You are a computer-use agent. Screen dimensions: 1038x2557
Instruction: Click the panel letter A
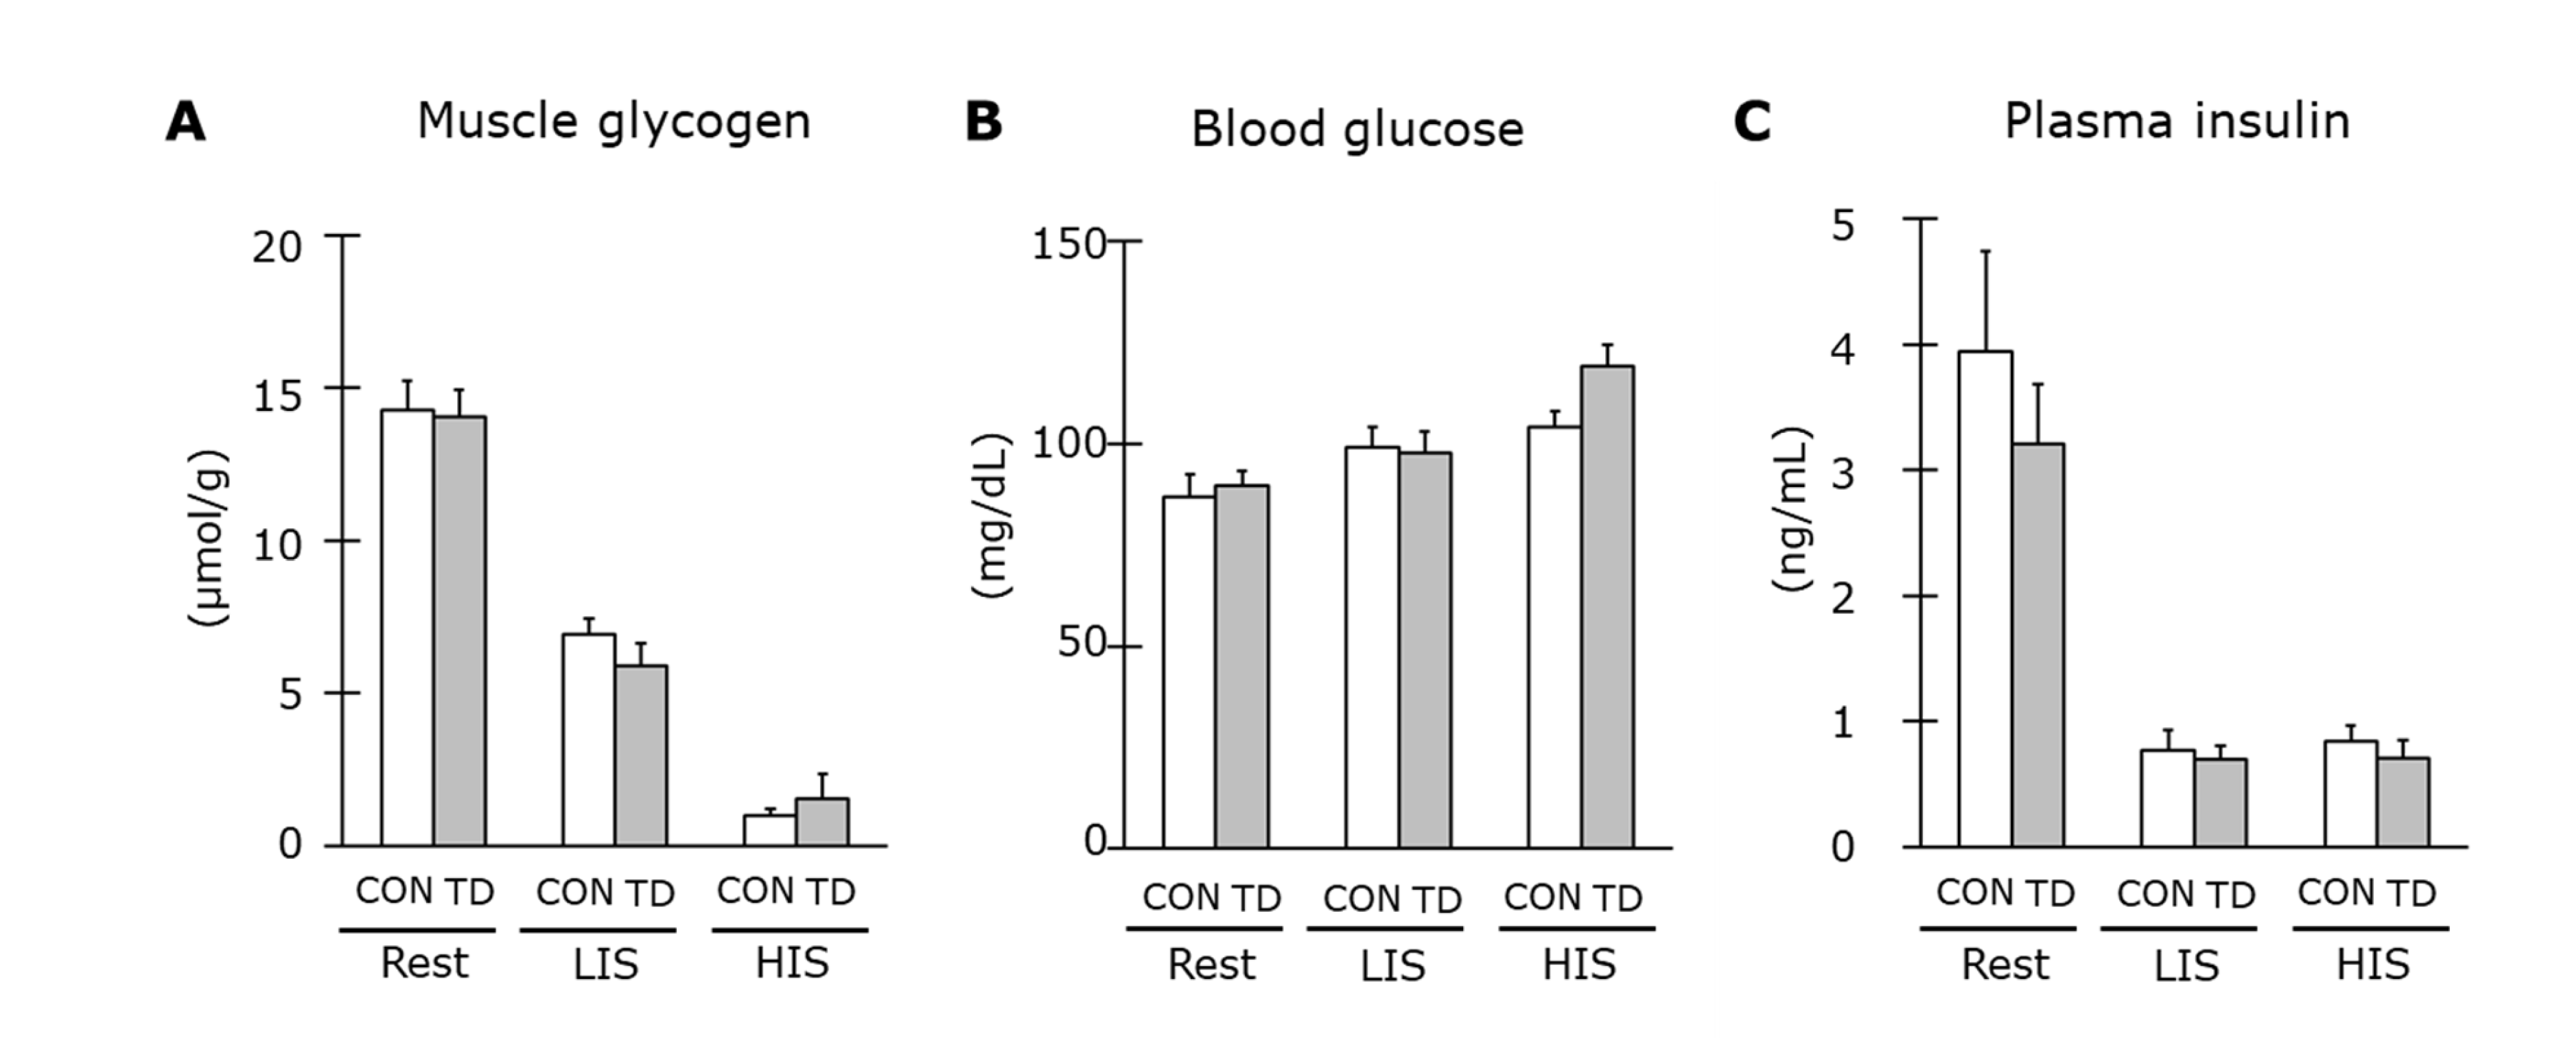coord(185,123)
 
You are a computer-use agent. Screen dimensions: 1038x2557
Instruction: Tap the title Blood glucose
coord(1357,130)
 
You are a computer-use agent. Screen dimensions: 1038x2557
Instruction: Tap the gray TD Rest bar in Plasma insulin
coord(2038,645)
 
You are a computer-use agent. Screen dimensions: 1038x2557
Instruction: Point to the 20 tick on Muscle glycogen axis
coord(277,247)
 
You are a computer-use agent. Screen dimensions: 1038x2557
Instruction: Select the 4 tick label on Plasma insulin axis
coord(1843,349)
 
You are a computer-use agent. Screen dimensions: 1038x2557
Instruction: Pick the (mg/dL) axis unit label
coord(991,516)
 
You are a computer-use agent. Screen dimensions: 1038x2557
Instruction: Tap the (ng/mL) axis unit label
coord(1793,509)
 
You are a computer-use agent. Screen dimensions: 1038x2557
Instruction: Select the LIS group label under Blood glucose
coord(1392,965)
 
